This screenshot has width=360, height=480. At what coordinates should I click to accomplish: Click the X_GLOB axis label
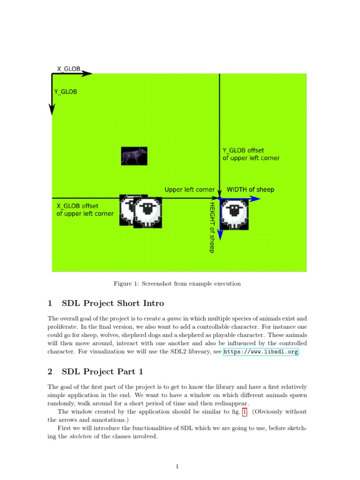click(x=68, y=69)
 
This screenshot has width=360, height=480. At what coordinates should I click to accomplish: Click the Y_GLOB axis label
click(x=66, y=92)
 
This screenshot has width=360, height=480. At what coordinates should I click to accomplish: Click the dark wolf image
click(x=134, y=156)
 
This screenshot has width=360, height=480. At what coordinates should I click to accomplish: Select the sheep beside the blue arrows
click(x=234, y=215)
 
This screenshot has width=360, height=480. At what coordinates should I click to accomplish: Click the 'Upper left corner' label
click(x=189, y=190)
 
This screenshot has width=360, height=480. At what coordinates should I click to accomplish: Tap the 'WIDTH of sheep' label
click(x=250, y=190)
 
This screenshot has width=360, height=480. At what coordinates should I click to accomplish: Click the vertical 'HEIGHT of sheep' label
click(x=212, y=227)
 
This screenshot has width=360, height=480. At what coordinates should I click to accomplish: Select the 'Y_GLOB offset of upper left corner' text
click(x=251, y=154)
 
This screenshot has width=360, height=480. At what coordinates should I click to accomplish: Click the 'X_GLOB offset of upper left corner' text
click(x=85, y=210)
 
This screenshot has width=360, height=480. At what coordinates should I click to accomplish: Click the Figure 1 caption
click(x=177, y=284)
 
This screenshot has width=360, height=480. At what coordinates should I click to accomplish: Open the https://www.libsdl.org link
click(x=261, y=352)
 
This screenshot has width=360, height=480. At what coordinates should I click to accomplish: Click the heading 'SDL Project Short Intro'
click(x=112, y=303)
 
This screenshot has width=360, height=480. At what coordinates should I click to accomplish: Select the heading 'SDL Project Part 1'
click(x=102, y=372)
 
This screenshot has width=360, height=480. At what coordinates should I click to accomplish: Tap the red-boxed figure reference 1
click(x=244, y=412)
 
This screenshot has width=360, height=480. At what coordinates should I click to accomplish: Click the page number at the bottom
click(x=177, y=466)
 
